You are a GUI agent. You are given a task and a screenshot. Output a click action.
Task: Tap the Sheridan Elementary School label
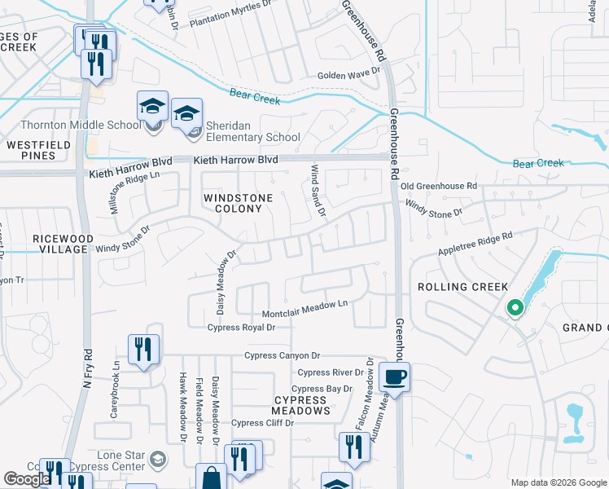(253, 131)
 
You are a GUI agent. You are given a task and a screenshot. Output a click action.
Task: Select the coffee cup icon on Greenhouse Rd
(395, 377)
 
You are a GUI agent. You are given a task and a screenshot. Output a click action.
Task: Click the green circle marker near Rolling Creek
(514, 308)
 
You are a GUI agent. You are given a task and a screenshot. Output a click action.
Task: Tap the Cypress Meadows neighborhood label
(301, 405)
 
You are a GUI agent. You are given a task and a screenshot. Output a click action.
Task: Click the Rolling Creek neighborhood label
(462, 287)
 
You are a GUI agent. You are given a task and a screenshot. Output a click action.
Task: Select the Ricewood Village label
(58, 244)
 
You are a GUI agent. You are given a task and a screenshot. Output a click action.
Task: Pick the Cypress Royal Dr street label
(242, 328)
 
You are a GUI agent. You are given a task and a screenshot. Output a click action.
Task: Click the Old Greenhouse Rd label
(438, 187)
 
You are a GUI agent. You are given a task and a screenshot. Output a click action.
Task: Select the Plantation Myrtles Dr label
(230, 15)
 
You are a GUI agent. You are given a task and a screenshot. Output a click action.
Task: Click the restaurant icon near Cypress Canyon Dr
(143, 350)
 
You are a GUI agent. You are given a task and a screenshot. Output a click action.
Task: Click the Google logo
(26, 478)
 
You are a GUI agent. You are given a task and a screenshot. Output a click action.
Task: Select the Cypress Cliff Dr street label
(258, 423)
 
